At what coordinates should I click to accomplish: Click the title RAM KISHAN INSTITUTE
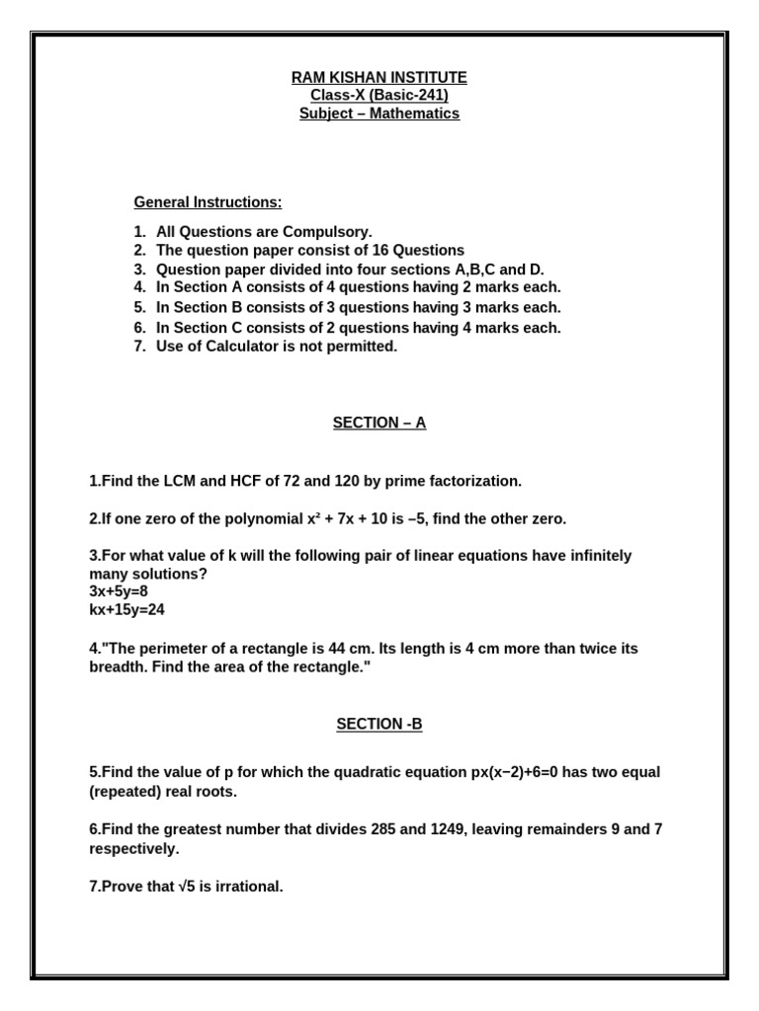[x=379, y=77]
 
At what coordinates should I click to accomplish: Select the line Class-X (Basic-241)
[x=379, y=95]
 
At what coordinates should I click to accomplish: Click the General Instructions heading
[x=208, y=202]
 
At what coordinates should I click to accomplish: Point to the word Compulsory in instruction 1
[x=327, y=232]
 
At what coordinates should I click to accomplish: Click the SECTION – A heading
[x=379, y=423]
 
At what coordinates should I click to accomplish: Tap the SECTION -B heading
[x=379, y=724]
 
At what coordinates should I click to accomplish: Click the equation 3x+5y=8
[x=119, y=591]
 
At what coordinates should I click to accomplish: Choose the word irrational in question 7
[x=249, y=887]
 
